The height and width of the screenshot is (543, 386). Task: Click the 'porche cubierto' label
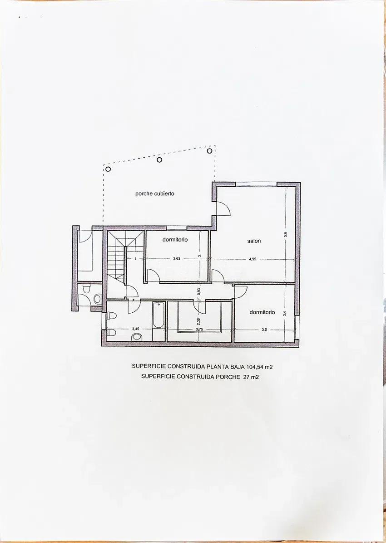click(x=155, y=194)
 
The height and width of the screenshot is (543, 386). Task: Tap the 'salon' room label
click(x=254, y=241)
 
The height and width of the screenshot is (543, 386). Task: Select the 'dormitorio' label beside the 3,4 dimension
click(x=262, y=312)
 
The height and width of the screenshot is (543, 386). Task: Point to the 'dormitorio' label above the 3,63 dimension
click(x=175, y=239)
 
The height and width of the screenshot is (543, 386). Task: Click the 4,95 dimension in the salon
click(x=252, y=259)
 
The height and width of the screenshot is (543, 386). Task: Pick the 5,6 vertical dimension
click(x=286, y=234)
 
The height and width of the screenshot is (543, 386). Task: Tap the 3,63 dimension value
click(x=177, y=259)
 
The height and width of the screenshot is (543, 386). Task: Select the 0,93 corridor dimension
click(x=199, y=291)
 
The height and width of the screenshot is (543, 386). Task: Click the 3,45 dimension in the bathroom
click(x=136, y=329)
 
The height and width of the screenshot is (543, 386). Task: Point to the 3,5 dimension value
click(x=264, y=330)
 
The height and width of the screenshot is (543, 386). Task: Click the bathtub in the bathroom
click(x=158, y=315)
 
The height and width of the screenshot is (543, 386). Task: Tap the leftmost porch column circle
click(x=108, y=169)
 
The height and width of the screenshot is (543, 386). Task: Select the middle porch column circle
click(x=159, y=160)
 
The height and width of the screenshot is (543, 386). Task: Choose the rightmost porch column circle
click(x=209, y=150)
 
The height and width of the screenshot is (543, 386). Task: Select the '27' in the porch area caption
click(x=246, y=377)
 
